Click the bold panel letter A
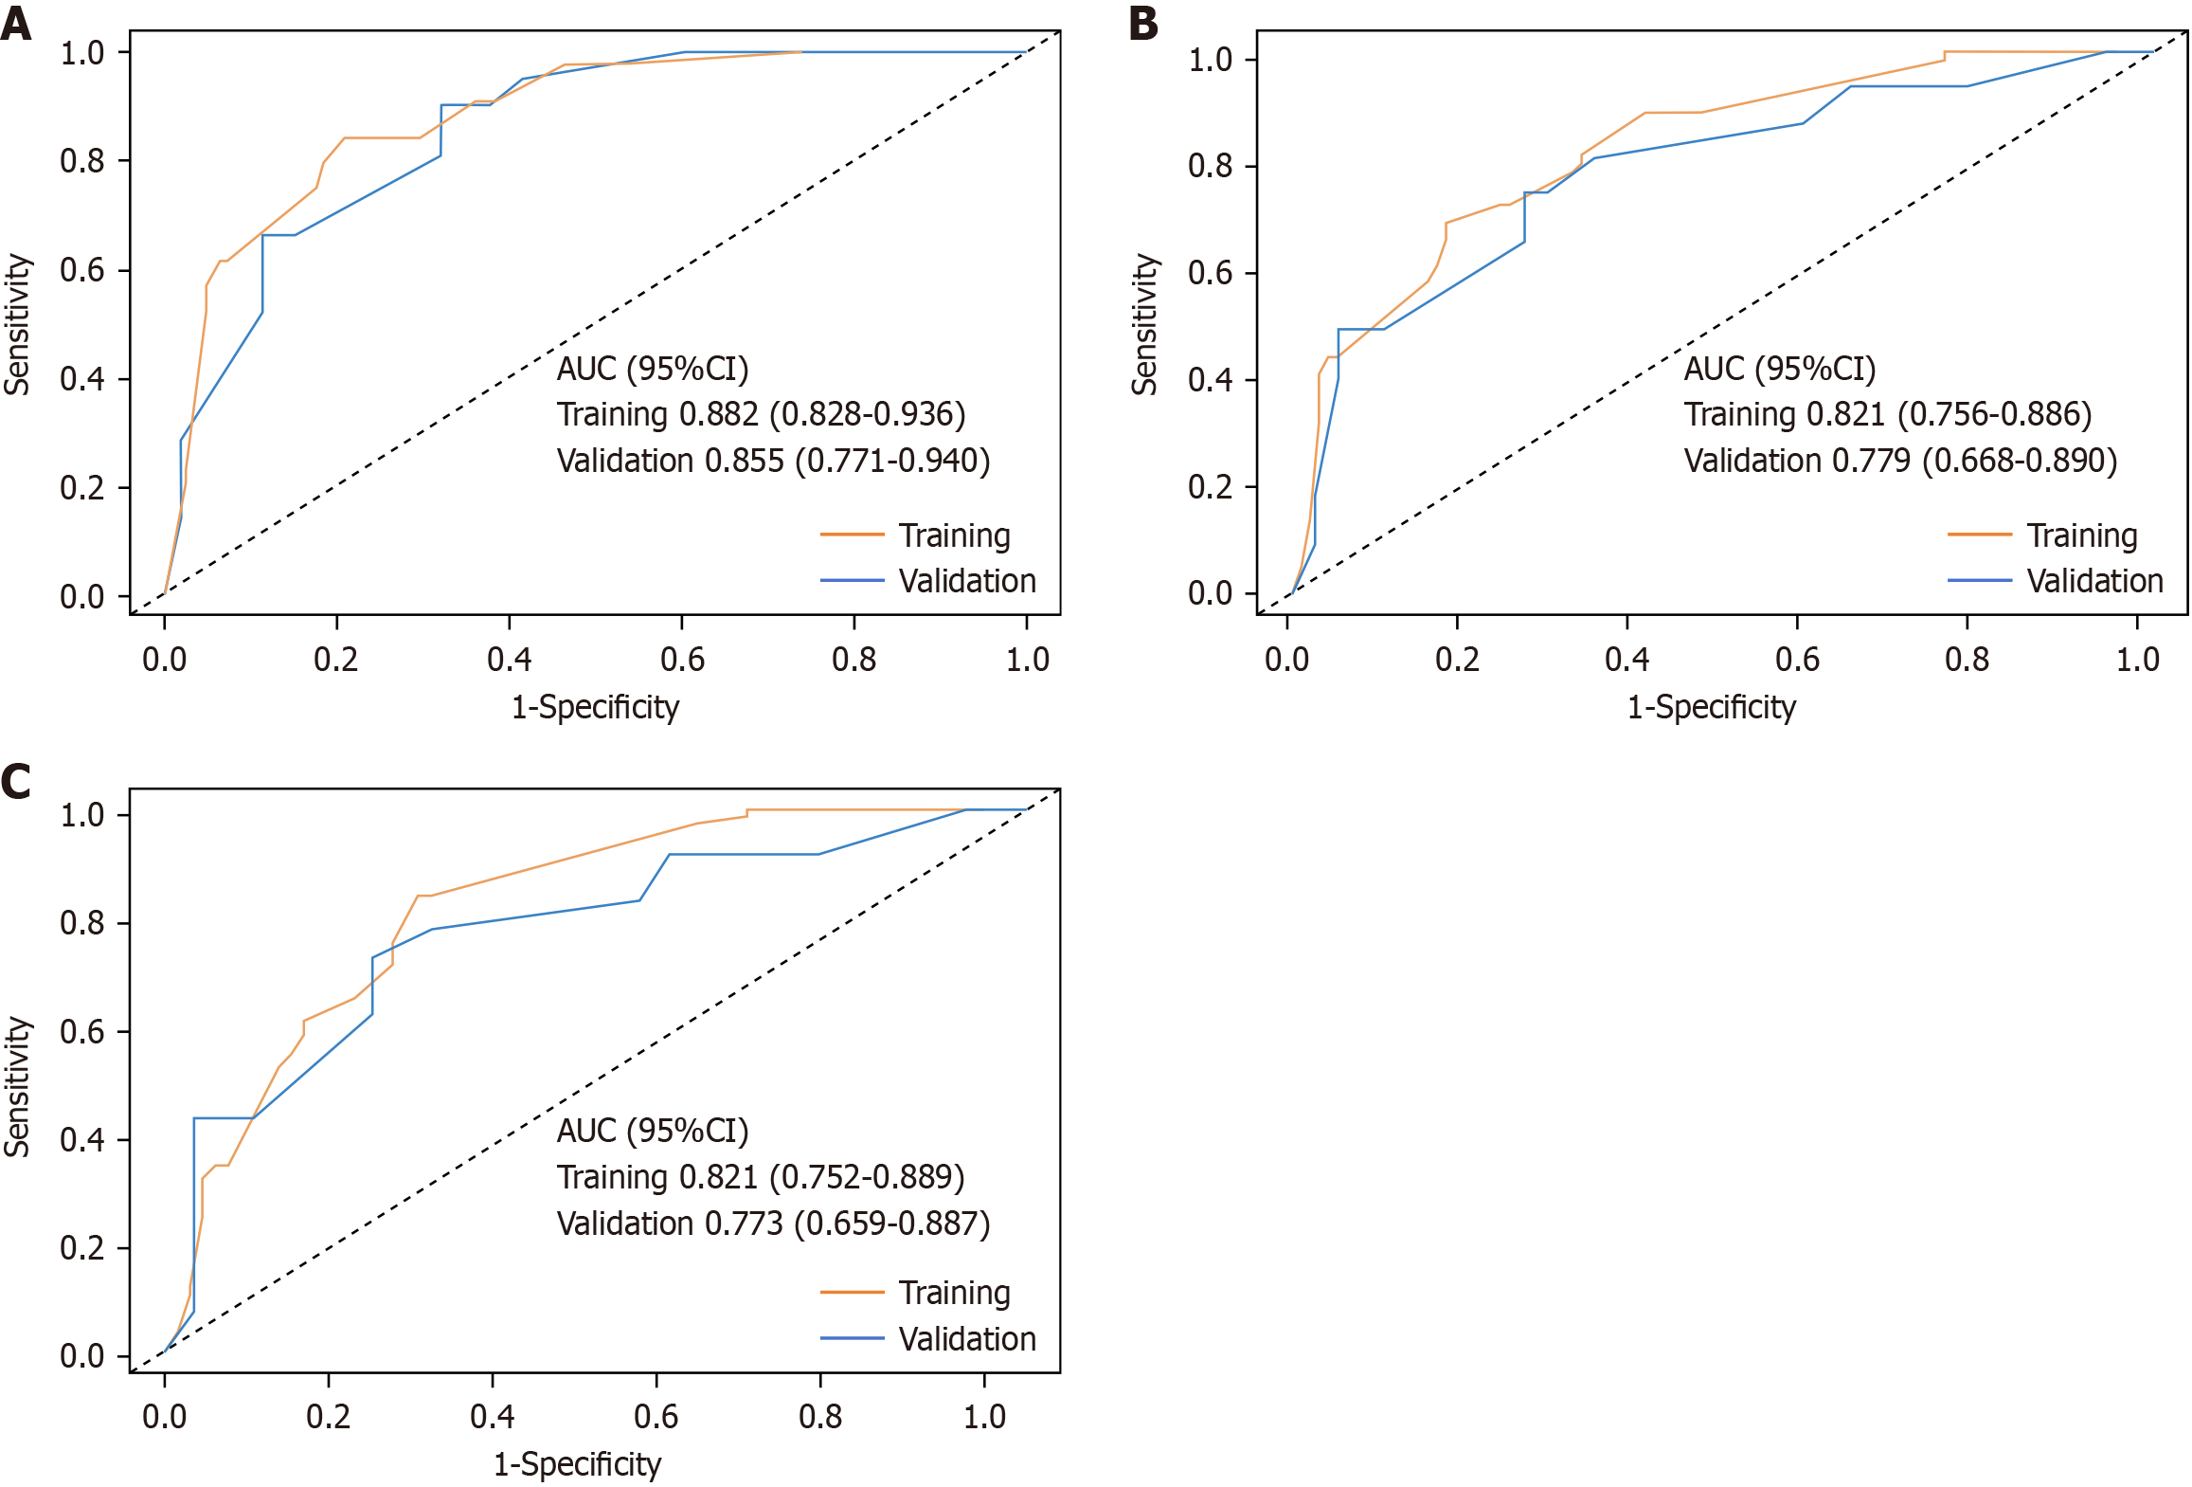(16, 23)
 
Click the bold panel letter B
(1143, 23)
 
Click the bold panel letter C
(16, 782)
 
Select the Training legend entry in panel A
(954, 535)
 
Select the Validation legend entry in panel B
(2094, 581)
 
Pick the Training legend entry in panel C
(954, 1293)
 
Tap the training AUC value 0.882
(719, 414)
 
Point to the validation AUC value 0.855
(745, 461)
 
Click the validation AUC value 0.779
(1871, 461)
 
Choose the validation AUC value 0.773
(744, 1224)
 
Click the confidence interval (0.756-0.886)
(2000, 414)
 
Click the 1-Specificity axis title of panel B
(1711, 707)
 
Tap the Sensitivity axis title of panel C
(17, 1086)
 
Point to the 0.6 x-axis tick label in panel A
(682, 659)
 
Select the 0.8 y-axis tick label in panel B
(1210, 166)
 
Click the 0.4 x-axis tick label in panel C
(493, 1416)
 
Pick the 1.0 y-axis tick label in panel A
(82, 53)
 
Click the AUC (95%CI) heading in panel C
(653, 1131)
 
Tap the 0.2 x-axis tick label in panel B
(1457, 659)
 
